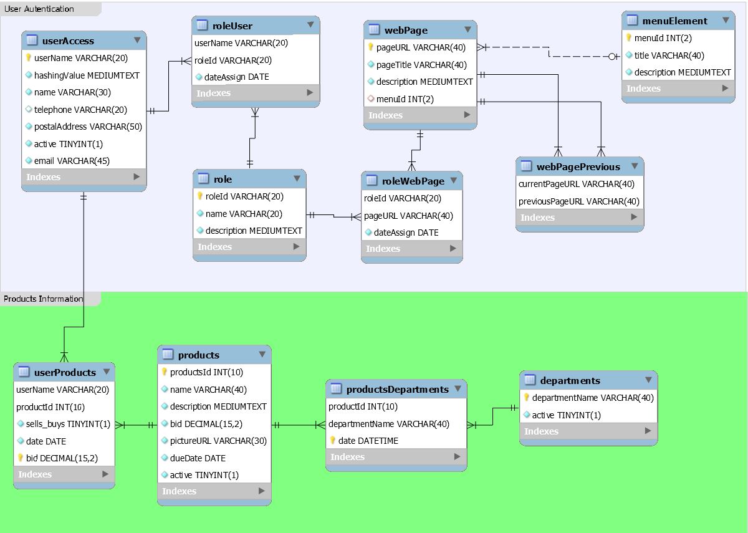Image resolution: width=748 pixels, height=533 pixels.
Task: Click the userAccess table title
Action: coord(68,41)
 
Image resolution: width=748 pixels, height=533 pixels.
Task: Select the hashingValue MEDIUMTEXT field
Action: coord(87,75)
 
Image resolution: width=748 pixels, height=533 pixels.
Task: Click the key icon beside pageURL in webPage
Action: coord(370,47)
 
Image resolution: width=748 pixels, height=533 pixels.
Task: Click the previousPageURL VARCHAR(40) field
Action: coord(578,201)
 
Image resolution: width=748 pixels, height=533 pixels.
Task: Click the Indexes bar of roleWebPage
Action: coord(411,249)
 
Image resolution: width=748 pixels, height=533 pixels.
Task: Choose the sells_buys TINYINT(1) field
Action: coord(68,424)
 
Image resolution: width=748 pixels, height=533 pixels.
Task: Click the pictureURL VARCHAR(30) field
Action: coord(218,441)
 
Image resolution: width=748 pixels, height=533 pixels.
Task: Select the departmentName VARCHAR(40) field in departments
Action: coord(593,398)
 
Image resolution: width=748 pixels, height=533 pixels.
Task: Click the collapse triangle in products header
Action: coord(262,354)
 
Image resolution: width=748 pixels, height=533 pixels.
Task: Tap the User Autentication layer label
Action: coord(39,9)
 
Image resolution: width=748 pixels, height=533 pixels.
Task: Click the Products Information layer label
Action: coord(43,299)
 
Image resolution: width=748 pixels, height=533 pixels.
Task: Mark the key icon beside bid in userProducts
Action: coord(20,458)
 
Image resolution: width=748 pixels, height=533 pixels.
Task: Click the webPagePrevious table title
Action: coord(578,167)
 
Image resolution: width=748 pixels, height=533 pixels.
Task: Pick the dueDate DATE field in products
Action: coord(198,458)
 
